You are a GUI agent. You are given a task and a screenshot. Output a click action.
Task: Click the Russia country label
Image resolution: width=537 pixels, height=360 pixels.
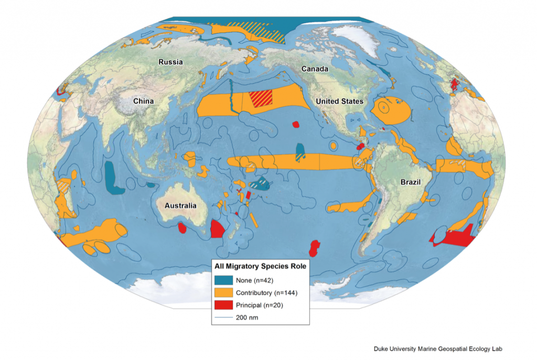(x=170, y=62)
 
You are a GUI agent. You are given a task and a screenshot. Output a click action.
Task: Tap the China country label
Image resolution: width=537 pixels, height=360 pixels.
(x=143, y=101)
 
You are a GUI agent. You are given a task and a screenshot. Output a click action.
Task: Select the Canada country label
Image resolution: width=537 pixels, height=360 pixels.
(x=315, y=69)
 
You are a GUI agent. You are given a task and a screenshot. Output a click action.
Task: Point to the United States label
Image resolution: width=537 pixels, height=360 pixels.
(x=339, y=101)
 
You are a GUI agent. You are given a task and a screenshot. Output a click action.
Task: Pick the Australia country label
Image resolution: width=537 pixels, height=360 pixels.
(x=180, y=205)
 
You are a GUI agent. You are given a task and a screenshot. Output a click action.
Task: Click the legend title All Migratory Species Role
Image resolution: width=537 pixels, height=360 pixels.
(x=260, y=266)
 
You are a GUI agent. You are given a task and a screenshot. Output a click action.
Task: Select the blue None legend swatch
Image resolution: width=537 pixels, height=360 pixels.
(x=223, y=280)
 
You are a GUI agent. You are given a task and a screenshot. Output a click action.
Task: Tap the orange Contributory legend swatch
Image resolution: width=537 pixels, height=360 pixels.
(x=223, y=292)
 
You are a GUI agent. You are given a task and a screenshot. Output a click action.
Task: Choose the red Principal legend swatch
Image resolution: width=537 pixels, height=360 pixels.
(x=223, y=304)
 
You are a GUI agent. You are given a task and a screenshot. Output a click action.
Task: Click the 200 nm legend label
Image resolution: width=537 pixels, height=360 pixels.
(x=247, y=317)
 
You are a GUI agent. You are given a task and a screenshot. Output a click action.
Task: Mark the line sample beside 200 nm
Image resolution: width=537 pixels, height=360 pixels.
(x=223, y=317)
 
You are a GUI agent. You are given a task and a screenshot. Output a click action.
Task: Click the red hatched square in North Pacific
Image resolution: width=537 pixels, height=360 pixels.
(x=261, y=99)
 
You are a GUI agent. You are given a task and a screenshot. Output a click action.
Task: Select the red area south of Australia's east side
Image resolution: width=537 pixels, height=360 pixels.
(x=217, y=230)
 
